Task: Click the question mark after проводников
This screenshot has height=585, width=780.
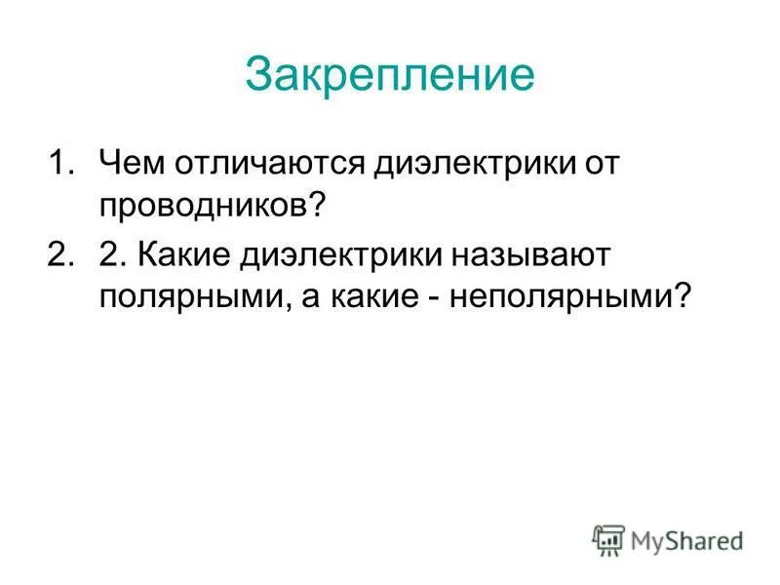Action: pyautogui.click(x=343, y=206)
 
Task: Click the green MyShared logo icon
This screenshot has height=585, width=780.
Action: pyautogui.click(x=607, y=539)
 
